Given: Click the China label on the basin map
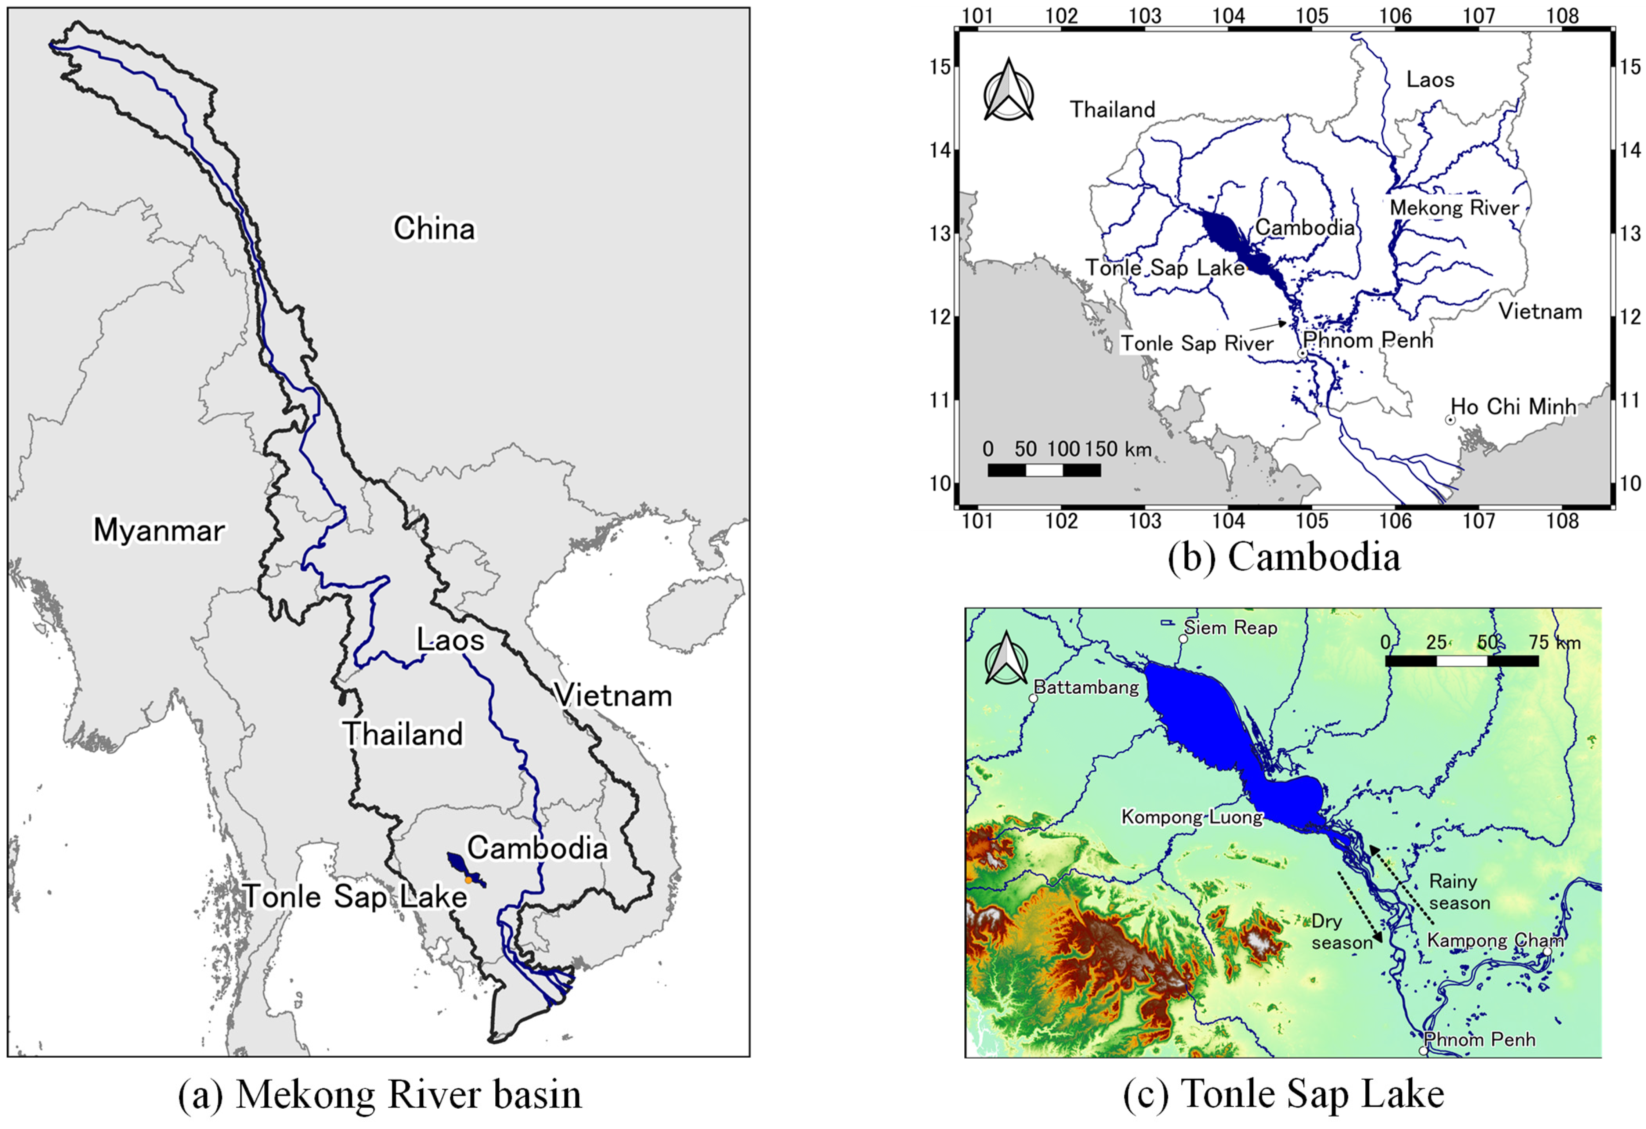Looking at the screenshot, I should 434,229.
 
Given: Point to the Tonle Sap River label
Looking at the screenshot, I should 1197,344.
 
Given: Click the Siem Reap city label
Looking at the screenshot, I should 1231,628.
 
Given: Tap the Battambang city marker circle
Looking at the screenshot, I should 1033,698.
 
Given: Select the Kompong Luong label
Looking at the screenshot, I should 1192,817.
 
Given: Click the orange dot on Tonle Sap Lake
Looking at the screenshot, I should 468,880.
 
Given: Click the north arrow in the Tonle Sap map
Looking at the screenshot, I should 1006,659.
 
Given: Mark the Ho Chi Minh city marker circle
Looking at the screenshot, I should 1450,420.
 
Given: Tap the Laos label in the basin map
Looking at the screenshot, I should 450,640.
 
